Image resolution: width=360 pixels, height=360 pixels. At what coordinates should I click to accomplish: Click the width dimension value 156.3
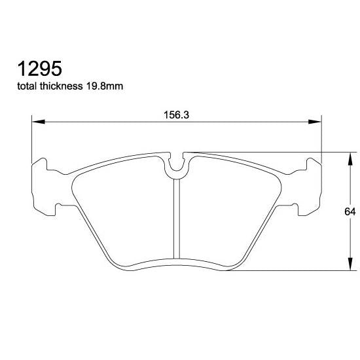[176, 113]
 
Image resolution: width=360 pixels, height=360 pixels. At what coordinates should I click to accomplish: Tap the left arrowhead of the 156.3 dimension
[37, 121]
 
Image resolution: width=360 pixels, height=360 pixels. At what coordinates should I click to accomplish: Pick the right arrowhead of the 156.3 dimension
[317, 121]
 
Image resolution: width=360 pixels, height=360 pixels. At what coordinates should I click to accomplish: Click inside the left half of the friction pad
[124, 209]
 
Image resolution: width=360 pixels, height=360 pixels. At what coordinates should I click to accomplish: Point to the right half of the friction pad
[229, 209]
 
